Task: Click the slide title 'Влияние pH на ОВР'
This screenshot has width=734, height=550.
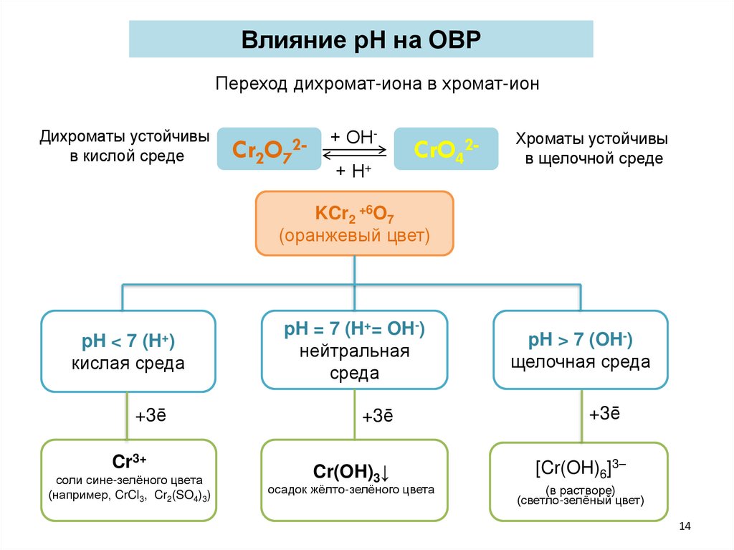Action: [361, 39]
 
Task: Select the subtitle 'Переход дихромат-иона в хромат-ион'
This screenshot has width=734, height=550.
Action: [377, 84]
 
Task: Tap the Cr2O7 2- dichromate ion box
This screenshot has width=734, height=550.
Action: [269, 149]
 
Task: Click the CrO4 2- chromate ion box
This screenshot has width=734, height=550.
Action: [447, 149]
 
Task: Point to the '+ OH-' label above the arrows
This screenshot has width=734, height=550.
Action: [355, 137]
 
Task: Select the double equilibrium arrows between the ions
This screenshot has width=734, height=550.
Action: [355, 153]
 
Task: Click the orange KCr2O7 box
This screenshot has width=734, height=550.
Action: [355, 223]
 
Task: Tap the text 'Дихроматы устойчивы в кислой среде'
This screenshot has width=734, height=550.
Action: [125, 146]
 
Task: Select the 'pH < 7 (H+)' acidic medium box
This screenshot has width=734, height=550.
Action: [128, 351]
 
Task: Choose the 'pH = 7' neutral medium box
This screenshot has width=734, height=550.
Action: [355, 351]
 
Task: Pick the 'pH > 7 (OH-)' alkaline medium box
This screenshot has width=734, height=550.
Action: [581, 349]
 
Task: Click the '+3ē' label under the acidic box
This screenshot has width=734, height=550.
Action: [151, 417]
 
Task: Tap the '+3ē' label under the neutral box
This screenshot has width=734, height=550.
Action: [377, 417]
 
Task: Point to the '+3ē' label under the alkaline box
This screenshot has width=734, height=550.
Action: [604, 414]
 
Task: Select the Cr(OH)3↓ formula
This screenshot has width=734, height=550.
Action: [351, 473]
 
